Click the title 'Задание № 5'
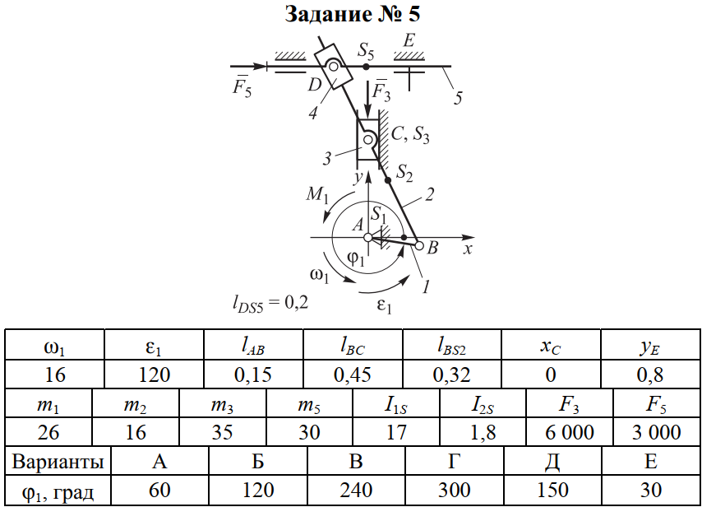pyautogui.click(x=353, y=14)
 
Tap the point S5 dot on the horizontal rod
pyautogui.click(x=367, y=65)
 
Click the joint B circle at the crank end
pyautogui.click(x=418, y=244)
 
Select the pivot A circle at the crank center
pyautogui.click(x=368, y=239)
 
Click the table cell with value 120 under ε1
pyautogui.click(x=154, y=374)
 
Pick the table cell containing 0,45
pyautogui.click(x=353, y=374)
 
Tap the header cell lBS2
pyautogui.click(x=452, y=346)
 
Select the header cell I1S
pyautogui.click(x=396, y=404)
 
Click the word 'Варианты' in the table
pyautogui.click(x=57, y=461)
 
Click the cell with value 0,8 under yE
pyautogui.click(x=650, y=374)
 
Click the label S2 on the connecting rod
pyautogui.click(x=404, y=172)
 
